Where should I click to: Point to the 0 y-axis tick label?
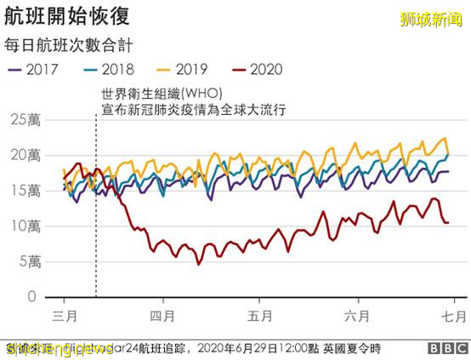[x=31, y=297]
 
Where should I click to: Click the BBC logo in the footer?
[x=443, y=347]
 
